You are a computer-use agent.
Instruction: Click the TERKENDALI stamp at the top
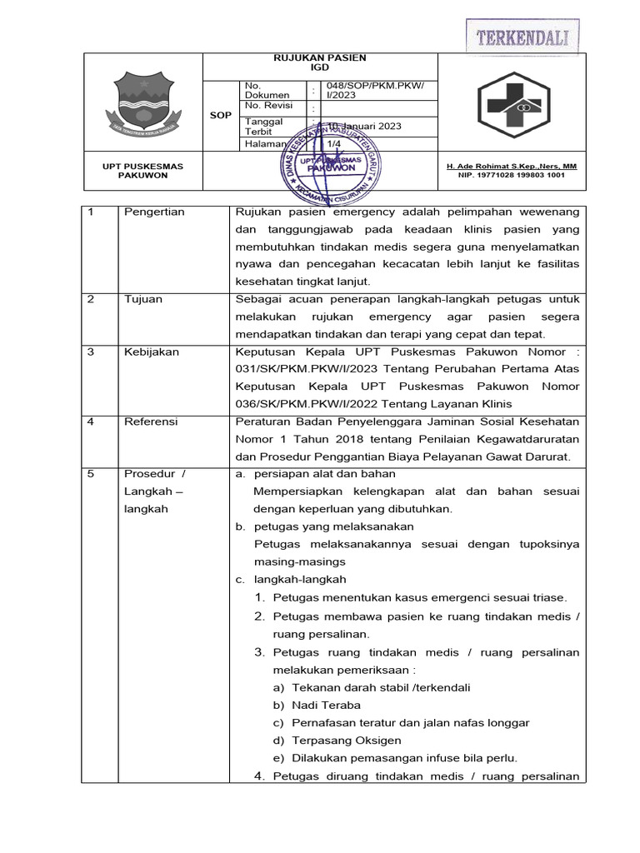click(522, 37)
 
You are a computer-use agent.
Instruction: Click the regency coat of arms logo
click(142, 102)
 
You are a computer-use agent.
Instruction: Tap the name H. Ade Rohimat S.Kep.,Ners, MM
click(512, 167)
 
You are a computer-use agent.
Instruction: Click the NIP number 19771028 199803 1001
click(512, 176)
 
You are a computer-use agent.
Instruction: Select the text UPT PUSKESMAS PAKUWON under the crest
click(142, 171)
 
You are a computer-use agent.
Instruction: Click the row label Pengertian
click(154, 212)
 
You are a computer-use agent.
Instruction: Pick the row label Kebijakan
click(151, 352)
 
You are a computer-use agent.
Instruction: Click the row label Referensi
click(151, 422)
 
